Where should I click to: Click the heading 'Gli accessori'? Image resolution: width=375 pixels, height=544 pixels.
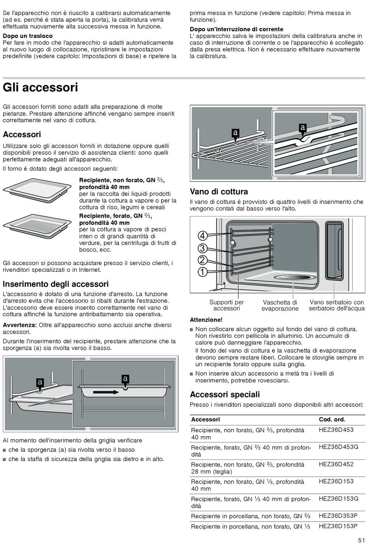pyautogui.click(x=41, y=87)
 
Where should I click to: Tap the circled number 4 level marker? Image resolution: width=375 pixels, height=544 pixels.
pyautogui.click(x=202, y=236)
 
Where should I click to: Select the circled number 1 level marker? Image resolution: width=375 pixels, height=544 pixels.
pyautogui.click(x=202, y=272)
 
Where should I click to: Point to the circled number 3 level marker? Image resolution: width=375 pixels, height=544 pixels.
pyautogui.click(x=202, y=248)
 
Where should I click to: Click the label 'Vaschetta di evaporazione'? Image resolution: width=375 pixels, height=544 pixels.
pyautogui.click(x=280, y=305)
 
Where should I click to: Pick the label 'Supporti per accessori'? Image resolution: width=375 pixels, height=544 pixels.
pyautogui.click(x=227, y=305)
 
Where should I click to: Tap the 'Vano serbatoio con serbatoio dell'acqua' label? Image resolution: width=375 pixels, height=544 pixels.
pyautogui.click(x=337, y=305)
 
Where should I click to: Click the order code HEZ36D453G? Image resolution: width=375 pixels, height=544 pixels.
pyautogui.click(x=338, y=447)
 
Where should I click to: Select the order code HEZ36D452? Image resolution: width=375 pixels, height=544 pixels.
pyautogui.click(x=336, y=464)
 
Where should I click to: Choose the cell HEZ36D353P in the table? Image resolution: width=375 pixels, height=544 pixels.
pyautogui.click(x=338, y=516)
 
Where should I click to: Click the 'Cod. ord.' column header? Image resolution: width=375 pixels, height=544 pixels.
pyautogui.click(x=332, y=420)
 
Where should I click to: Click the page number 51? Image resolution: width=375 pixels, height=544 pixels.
pyautogui.click(x=362, y=540)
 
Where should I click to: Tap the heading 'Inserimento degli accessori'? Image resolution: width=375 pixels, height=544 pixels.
pyautogui.click(x=56, y=284)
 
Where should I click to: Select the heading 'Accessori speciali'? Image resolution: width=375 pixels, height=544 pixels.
pyautogui.click(x=225, y=394)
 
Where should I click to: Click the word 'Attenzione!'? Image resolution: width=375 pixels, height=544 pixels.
pyautogui.click(x=206, y=320)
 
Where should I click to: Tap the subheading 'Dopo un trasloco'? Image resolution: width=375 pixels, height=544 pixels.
pyautogui.click(x=28, y=36)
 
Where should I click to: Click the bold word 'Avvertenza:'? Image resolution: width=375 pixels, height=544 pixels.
pyautogui.click(x=20, y=325)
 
